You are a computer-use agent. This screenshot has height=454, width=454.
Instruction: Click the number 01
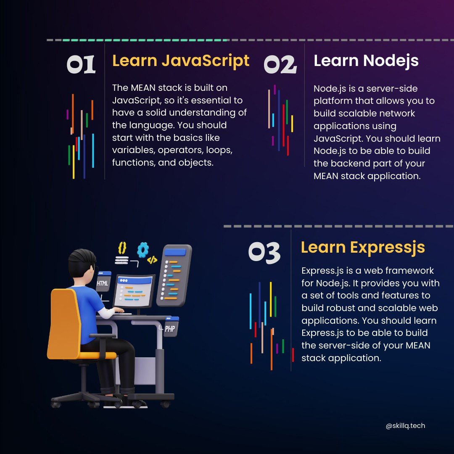tap(82, 65)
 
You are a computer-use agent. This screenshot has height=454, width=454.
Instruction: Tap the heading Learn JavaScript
tap(181, 61)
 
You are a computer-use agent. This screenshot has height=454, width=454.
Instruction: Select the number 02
tap(280, 65)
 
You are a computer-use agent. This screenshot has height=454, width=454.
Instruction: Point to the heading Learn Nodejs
tap(366, 61)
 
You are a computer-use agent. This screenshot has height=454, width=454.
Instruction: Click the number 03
tap(264, 253)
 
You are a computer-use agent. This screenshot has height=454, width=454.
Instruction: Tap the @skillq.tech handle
tap(405, 426)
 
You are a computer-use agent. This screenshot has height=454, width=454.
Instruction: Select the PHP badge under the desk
tap(170, 328)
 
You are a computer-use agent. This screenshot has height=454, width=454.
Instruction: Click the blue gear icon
tap(143, 250)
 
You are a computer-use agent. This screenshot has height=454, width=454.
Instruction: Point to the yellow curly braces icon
tap(122, 248)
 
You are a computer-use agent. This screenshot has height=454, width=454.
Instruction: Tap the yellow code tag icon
tap(152, 260)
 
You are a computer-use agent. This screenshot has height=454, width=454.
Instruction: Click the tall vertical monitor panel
tap(174, 275)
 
